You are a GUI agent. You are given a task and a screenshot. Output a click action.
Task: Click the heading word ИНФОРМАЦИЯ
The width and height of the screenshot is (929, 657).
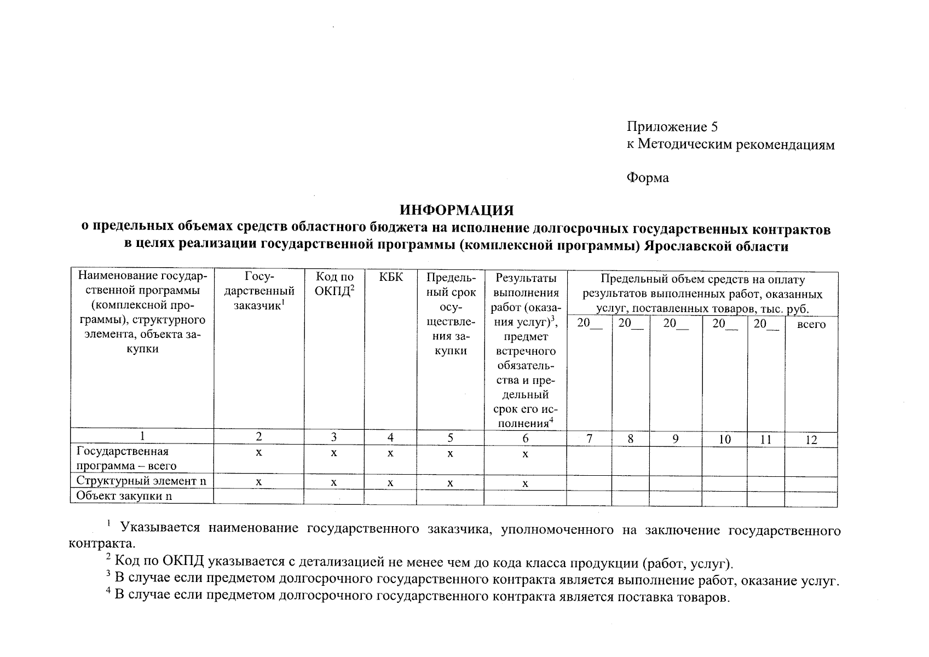click(456, 211)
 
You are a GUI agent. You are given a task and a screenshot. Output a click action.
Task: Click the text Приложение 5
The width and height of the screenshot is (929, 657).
click(672, 127)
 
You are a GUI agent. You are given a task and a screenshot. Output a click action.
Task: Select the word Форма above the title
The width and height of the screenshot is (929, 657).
click(648, 178)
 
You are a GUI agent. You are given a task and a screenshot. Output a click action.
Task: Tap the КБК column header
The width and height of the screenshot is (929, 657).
click(390, 278)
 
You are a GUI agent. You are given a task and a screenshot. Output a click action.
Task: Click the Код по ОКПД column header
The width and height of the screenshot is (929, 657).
click(334, 284)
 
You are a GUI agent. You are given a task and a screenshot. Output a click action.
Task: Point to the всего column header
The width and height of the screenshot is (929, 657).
click(811, 324)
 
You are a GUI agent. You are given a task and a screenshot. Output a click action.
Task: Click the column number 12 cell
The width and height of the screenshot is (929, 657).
click(811, 440)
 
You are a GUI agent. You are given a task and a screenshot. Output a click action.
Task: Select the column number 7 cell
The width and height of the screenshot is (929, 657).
click(589, 439)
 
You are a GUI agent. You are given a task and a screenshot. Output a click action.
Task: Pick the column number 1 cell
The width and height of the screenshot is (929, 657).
click(142, 436)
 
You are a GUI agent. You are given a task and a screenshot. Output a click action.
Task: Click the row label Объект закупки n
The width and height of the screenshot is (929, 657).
click(124, 496)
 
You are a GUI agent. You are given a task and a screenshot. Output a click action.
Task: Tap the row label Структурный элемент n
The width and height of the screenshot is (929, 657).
click(141, 481)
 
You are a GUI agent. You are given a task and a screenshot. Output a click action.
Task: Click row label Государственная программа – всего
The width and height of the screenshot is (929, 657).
click(126, 458)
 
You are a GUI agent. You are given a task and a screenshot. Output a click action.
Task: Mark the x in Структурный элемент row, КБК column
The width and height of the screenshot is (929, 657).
click(390, 483)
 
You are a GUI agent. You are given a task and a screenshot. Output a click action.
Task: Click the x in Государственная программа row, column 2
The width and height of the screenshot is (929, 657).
click(259, 453)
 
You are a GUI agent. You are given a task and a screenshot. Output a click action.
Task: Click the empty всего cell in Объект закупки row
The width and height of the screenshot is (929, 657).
click(811, 499)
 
